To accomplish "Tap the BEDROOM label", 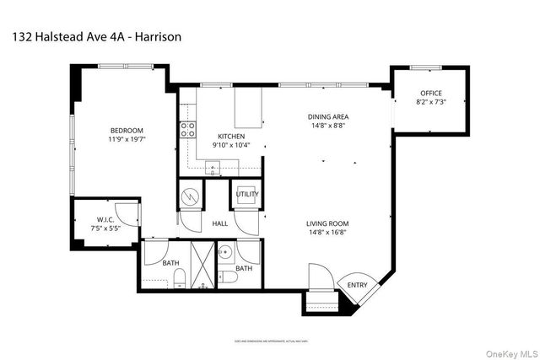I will coord(127,130).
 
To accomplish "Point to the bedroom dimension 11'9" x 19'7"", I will coord(127,140).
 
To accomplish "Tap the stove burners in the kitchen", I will coord(187,129).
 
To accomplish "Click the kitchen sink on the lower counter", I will coord(214,169).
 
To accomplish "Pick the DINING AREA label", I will coord(328,117).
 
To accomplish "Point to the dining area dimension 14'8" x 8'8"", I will coord(328,127).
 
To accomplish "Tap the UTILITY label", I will coord(247,195).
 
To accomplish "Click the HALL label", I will coord(220,224).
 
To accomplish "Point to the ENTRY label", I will coord(357,286).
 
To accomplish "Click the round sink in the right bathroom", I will coord(225,251).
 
